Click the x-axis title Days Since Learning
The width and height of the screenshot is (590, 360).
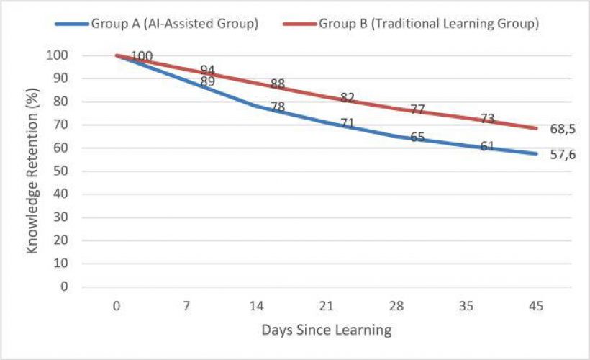click(x=327, y=330)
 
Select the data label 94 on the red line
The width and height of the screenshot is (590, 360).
click(x=208, y=70)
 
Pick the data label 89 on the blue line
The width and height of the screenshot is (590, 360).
click(x=208, y=82)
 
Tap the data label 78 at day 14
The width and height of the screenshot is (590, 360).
click(x=278, y=107)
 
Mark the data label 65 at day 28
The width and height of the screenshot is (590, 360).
click(x=417, y=137)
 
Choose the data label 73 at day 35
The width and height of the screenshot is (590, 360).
click(x=487, y=118)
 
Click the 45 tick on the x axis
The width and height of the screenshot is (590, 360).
click(x=536, y=306)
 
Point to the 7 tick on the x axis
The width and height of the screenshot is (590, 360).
click(x=186, y=306)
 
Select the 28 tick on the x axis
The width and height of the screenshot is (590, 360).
click(x=396, y=306)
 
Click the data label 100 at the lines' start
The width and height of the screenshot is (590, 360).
click(x=142, y=56)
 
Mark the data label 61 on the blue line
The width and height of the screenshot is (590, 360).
click(x=487, y=146)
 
